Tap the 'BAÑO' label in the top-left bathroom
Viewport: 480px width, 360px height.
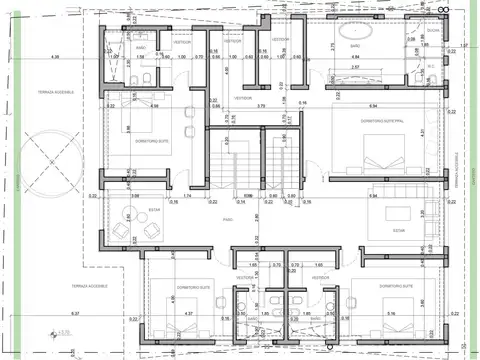click(141, 47)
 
